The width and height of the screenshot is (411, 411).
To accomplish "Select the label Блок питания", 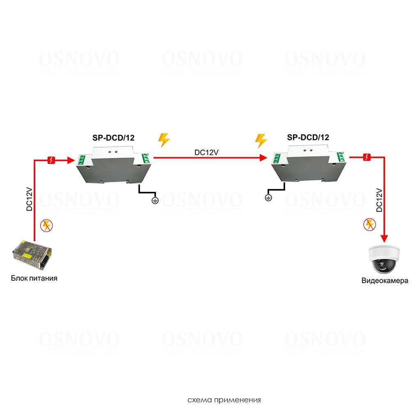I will (x=34, y=278).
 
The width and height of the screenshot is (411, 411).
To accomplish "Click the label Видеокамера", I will (x=385, y=281).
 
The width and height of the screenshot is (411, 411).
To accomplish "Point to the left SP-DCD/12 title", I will (x=113, y=138).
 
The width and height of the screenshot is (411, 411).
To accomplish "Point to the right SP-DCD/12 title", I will (x=308, y=138).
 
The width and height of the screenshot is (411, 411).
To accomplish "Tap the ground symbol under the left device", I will (x=155, y=200).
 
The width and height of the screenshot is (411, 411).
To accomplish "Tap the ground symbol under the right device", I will (x=268, y=198).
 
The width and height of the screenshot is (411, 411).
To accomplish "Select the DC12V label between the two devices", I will (x=206, y=152).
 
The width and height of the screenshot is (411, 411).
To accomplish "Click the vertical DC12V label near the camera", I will (x=379, y=200).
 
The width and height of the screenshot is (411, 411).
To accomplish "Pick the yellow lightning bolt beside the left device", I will (x=164, y=140).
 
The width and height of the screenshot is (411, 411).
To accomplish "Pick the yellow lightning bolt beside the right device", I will (x=261, y=140).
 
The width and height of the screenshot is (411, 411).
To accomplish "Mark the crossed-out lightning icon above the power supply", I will (x=47, y=225).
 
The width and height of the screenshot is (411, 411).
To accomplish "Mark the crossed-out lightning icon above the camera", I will (x=369, y=224).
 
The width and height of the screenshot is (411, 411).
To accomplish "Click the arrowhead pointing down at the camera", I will (x=385, y=238).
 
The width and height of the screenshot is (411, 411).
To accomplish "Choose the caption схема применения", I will (x=224, y=399).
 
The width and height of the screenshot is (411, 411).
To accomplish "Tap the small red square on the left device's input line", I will (x=52, y=160).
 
